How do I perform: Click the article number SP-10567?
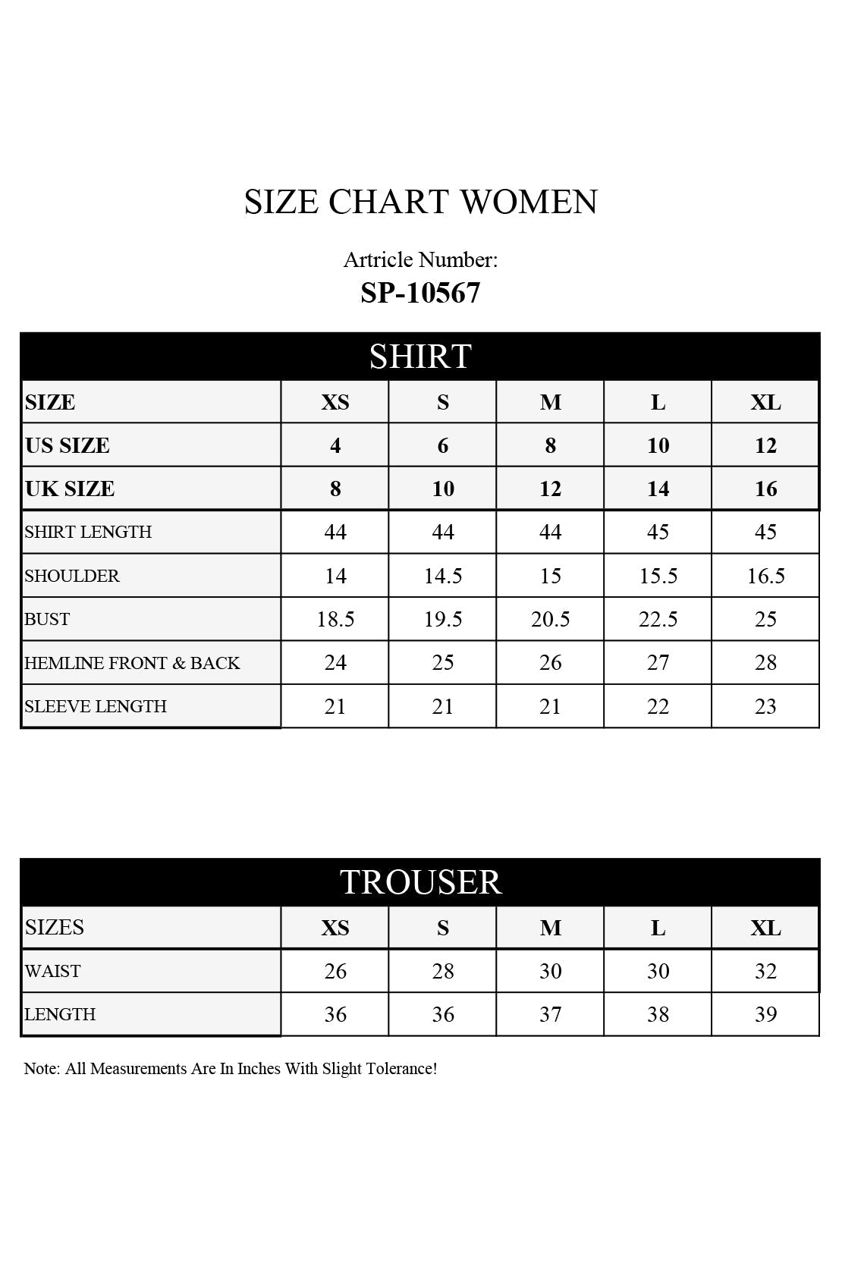pyautogui.click(x=420, y=293)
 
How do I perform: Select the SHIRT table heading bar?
pyautogui.click(x=420, y=356)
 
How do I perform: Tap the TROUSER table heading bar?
pyautogui.click(x=420, y=881)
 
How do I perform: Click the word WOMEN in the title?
pyautogui.click(x=529, y=202)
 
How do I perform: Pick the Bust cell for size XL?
pyautogui.click(x=765, y=619)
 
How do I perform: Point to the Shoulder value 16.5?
pyautogui.click(x=765, y=576)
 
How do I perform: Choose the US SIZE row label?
pyautogui.click(x=68, y=445)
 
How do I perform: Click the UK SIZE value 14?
pyautogui.click(x=658, y=489)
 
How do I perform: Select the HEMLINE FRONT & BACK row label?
pyautogui.click(x=132, y=663)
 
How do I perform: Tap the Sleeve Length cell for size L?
pyautogui.click(x=658, y=706)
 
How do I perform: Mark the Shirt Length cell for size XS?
pyautogui.click(x=335, y=532)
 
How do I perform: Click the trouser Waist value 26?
pyautogui.click(x=335, y=971)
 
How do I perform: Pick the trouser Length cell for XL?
pyautogui.click(x=765, y=1014)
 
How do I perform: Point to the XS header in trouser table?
pyautogui.click(x=335, y=928)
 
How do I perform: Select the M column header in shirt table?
pyautogui.click(x=551, y=402)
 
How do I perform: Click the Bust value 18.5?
pyautogui.click(x=335, y=619)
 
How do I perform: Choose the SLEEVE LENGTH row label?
pyautogui.click(x=96, y=706)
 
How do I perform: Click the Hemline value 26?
pyautogui.click(x=551, y=663)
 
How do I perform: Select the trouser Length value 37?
pyautogui.click(x=551, y=1014)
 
